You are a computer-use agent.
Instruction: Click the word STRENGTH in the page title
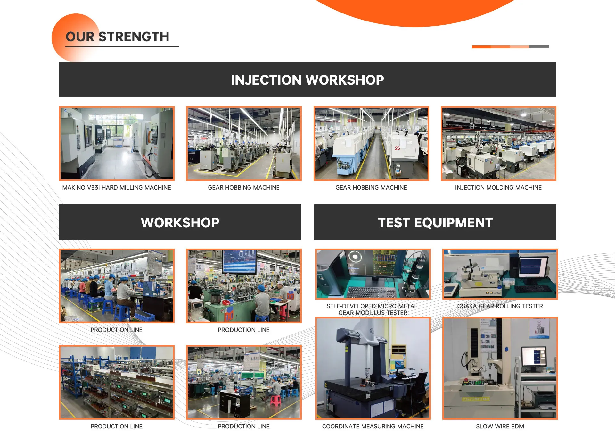134,37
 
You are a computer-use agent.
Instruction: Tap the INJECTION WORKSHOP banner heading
307,80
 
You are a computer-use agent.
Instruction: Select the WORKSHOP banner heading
180,223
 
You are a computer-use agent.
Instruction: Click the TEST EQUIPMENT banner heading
435,223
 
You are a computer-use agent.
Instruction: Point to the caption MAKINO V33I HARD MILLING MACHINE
117,188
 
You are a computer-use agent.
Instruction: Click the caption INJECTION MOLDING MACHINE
498,188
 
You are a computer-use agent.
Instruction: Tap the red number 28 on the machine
397,148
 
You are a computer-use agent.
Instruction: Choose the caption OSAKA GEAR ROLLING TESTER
500,306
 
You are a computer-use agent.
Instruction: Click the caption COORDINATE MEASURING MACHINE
373,426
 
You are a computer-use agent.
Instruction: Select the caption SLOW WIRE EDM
500,426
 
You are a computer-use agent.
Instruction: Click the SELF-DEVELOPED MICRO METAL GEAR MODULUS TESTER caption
372,309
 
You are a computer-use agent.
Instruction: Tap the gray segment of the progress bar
539,47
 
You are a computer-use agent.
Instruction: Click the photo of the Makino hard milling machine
117,143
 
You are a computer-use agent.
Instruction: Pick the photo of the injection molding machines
498,143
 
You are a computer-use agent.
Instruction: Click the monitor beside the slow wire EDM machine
534,357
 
